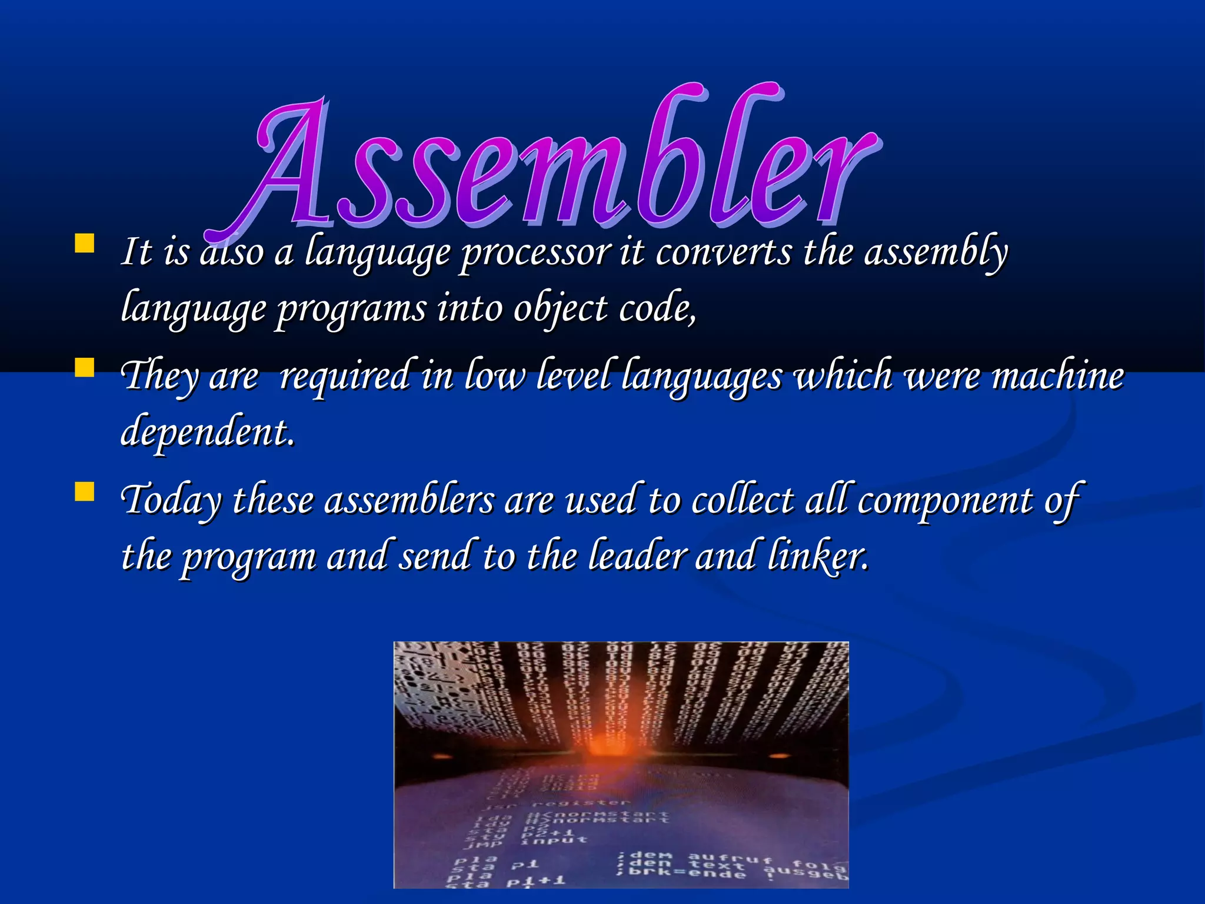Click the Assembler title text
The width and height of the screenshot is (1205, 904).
tap(565, 165)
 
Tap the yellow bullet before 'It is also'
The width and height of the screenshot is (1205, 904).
tap(85, 244)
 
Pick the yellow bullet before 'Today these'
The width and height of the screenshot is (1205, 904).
tap(85, 492)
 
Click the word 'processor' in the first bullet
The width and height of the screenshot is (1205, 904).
tap(535, 253)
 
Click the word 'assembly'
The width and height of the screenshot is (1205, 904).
tap(936, 253)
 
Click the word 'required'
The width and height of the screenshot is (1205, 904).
tap(344, 377)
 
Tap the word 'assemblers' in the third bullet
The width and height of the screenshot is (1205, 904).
tap(410, 500)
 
